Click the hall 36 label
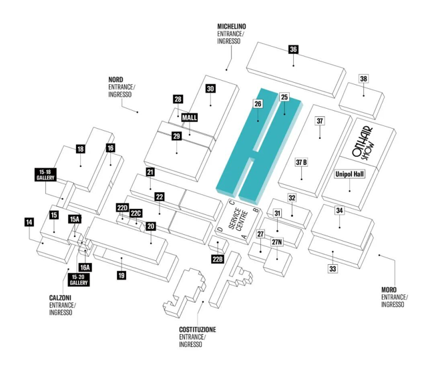point(293,49)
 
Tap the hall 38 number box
point(363,79)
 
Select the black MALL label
point(190,117)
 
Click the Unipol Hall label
point(350,174)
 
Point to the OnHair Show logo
point(363,143)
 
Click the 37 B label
point(301,162)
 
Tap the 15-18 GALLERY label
point(45,175)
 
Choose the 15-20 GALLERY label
point(79,280)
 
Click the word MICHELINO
point(232,27)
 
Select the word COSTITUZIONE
point(198,330)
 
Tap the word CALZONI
point(60,298)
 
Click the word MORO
point(389,290)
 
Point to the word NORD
point(116,80)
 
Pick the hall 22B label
point(218,259)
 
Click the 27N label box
point(277,242)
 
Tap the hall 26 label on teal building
point(258,103)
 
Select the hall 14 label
point(29,222)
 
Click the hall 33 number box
point(333,269)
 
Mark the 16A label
point(85,268)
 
